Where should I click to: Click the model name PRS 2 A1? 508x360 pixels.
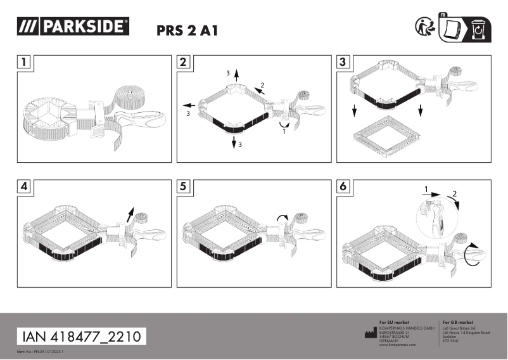(186, 32)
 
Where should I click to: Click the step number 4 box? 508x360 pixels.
(23, 187)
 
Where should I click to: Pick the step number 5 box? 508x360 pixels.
(183, 187)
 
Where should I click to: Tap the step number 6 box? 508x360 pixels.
(342, 187)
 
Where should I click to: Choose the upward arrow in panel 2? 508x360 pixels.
(236, 75)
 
